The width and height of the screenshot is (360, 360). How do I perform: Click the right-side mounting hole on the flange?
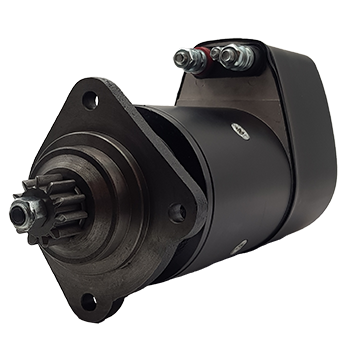tap(177, 211)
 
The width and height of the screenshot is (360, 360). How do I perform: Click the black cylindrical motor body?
tap(230, 190)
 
